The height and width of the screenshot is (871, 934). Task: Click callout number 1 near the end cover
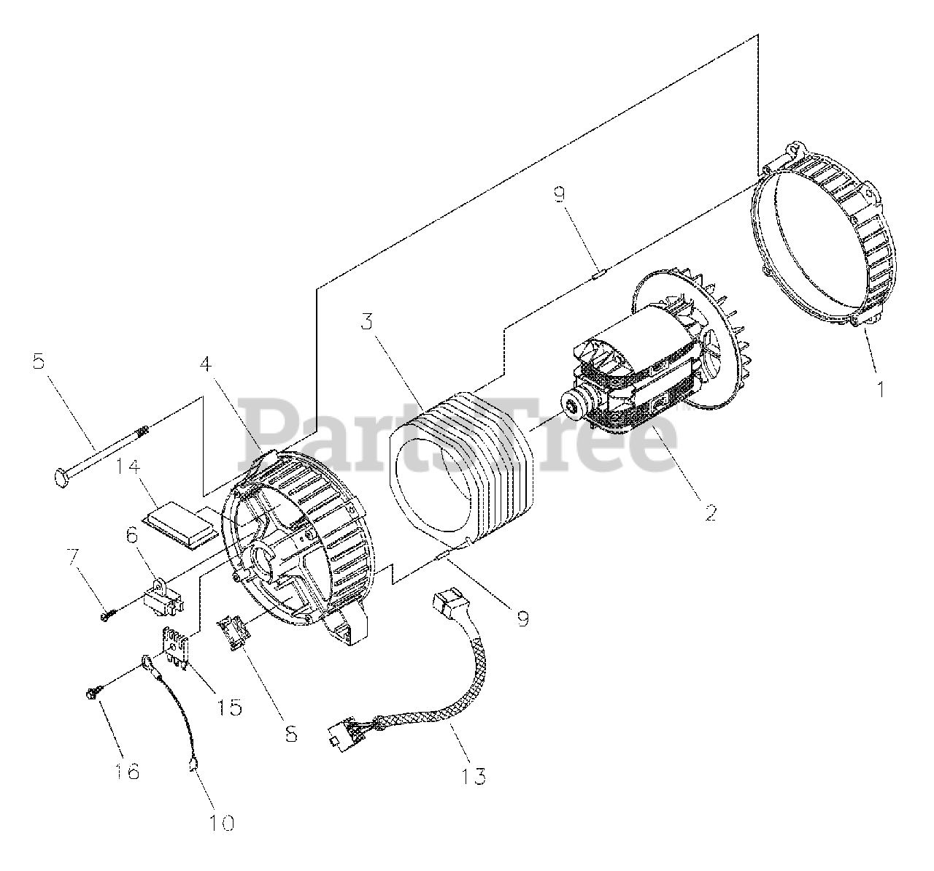(x=881, y=389)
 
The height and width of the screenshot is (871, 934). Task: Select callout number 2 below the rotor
(x=710, y=512)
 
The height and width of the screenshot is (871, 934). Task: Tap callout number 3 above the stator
(x=366, y=321)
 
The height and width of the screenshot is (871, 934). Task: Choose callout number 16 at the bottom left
(x=128, y=770)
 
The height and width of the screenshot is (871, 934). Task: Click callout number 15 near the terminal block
(x=230, y=707)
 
